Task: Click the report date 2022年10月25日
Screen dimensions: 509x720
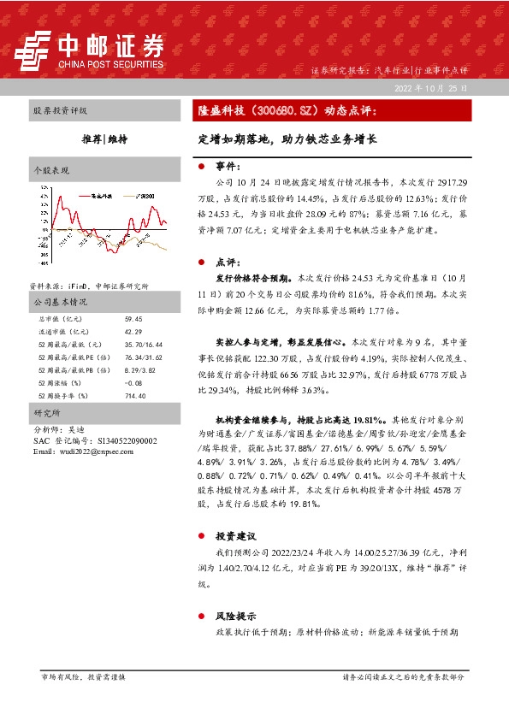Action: click(431, 87)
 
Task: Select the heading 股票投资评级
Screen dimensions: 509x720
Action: click(60, 111)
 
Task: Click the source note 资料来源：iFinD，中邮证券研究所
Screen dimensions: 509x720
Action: click(88, 286)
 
